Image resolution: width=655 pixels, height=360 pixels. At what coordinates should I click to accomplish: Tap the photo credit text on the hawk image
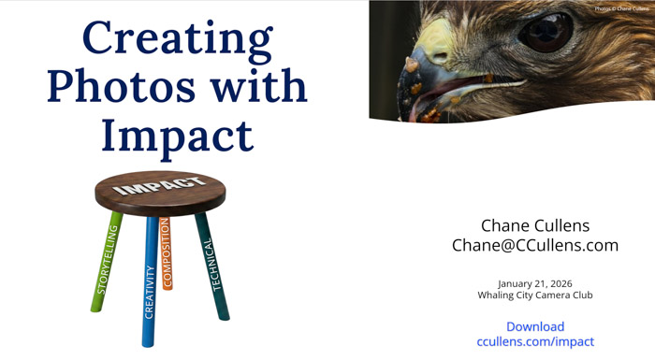621,8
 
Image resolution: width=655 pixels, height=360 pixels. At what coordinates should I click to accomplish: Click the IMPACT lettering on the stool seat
160,186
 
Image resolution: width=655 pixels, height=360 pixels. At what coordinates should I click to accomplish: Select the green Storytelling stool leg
108,262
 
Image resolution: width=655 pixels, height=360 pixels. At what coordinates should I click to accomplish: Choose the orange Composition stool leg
167,252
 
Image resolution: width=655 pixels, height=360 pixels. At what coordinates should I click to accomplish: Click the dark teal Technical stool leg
212,266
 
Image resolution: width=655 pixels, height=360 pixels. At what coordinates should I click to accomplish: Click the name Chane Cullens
535,225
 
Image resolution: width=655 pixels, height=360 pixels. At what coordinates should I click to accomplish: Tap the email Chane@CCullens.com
535,245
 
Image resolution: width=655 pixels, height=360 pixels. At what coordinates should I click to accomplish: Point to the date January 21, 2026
535,282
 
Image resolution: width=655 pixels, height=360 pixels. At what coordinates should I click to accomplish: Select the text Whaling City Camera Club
535,295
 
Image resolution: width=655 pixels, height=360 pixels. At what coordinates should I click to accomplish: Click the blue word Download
535,326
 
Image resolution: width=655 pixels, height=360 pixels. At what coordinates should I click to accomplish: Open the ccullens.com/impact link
535,341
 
